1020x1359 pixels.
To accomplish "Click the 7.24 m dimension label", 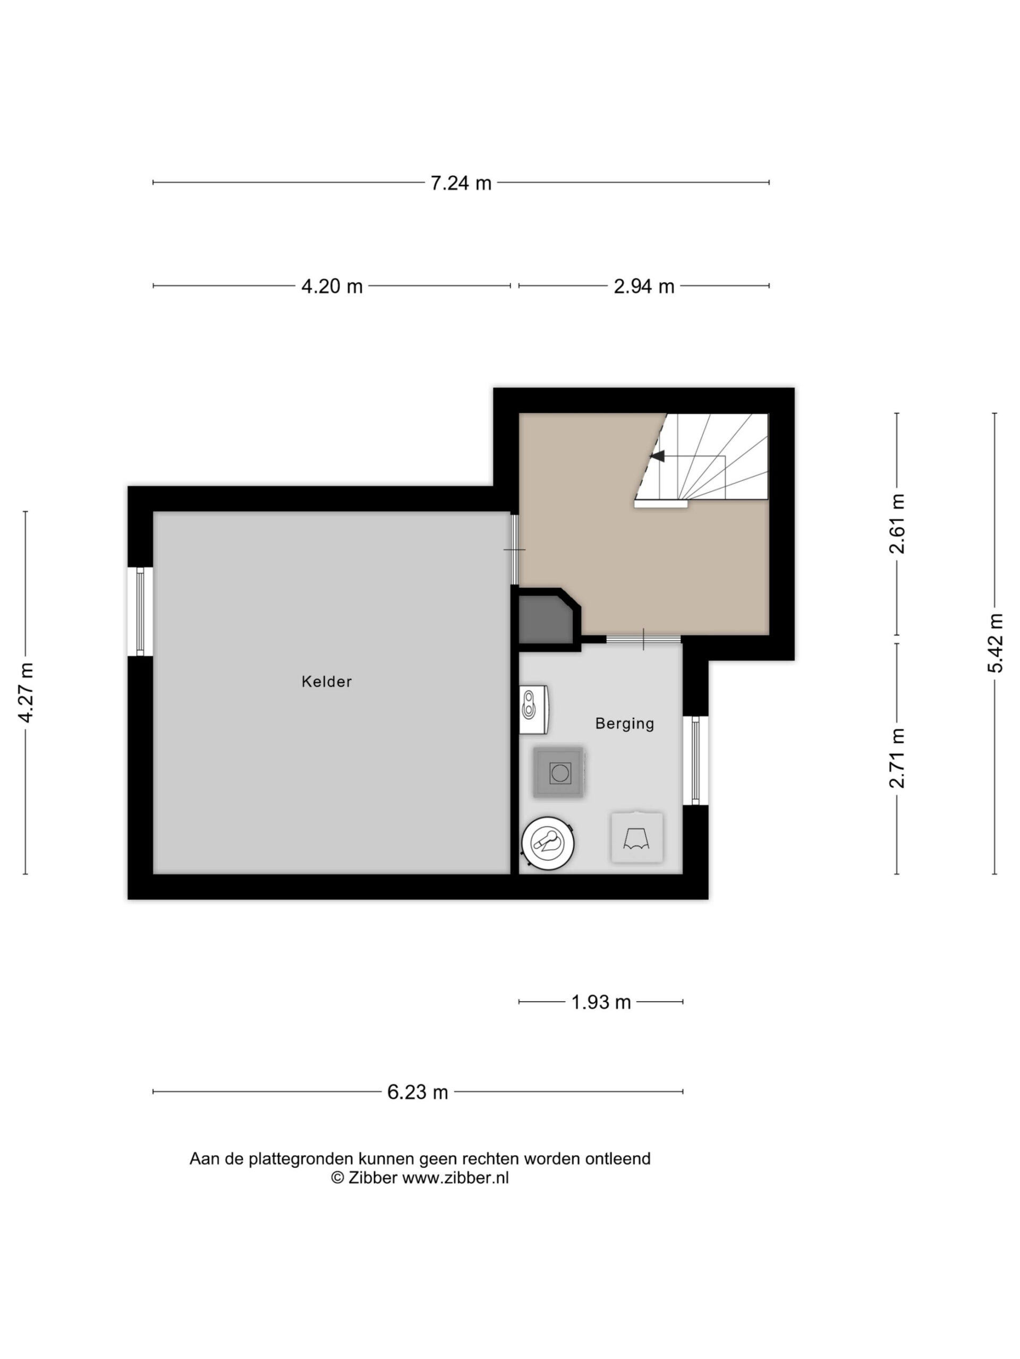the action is tap(461, 183).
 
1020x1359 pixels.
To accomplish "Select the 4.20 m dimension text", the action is tap(331, 286).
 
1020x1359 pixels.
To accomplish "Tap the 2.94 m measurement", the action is tap(644, 286).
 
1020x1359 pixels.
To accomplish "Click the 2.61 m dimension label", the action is tap(897, 523).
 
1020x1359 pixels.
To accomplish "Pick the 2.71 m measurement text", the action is tap(897, 758).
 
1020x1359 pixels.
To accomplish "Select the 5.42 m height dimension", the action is tap(996, 643).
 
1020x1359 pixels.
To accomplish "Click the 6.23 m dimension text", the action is tap(418, 1092).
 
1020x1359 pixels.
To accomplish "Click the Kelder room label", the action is tap(327, 681).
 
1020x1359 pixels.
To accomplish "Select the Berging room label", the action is tap(625, 723).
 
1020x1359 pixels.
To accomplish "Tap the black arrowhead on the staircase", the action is tap(658, 456).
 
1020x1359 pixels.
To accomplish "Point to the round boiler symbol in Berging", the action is tap(548, 842).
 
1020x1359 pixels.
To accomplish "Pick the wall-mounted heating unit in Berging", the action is tap(534, 710).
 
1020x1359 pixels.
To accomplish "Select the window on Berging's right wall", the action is tap(695, 761).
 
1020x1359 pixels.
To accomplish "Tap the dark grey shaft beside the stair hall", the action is tap(547, 618).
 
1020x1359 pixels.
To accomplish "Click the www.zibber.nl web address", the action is tap(455, 1178).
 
